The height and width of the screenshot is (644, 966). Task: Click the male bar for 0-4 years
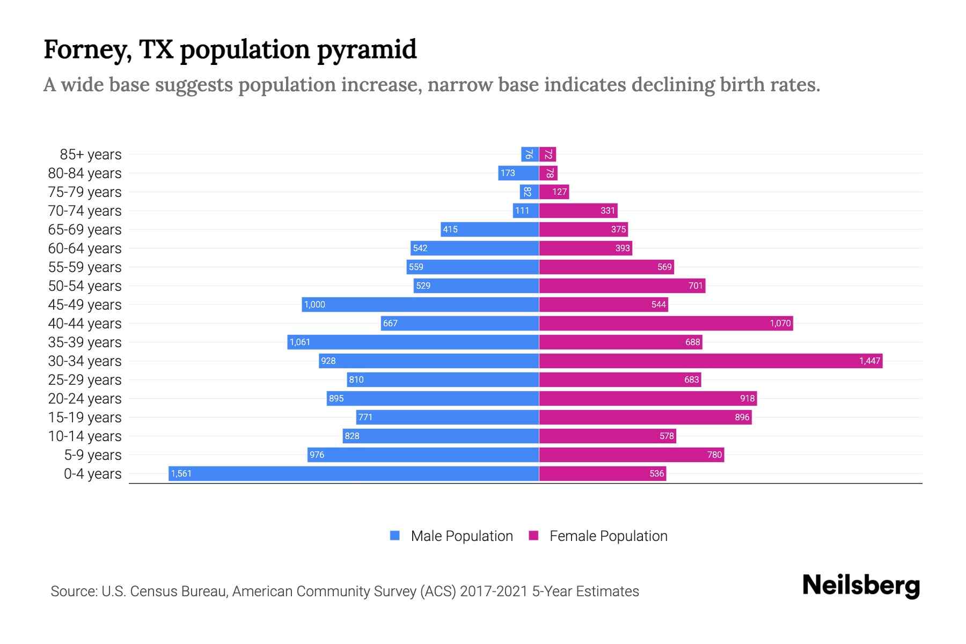[354, 473]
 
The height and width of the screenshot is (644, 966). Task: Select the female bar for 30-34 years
[711, 361]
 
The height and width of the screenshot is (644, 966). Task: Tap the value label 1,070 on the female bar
[780, 323]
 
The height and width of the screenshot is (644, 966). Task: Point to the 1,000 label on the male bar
[314, 304]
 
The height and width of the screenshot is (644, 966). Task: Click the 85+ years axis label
[90, 155]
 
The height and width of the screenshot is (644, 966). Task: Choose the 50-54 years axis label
[85, 286]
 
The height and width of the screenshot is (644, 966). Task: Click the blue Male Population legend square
[395, 536]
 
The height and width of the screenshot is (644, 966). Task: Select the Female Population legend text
[608, 536]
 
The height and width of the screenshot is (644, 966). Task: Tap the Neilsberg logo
[861, 586]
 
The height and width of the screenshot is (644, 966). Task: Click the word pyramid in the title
[367, 50]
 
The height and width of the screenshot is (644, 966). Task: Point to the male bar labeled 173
[518, 173]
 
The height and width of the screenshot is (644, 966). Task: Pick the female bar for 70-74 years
[578, 210]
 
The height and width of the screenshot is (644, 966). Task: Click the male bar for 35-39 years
[413, 342]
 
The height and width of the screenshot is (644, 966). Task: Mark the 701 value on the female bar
[696, 286]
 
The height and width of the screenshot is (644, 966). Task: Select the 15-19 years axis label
[85, 418]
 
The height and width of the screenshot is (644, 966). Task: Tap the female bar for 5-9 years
[631, 455]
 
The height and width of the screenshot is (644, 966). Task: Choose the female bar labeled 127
[554, 192]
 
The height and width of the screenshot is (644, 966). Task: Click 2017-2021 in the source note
[493, 591]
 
